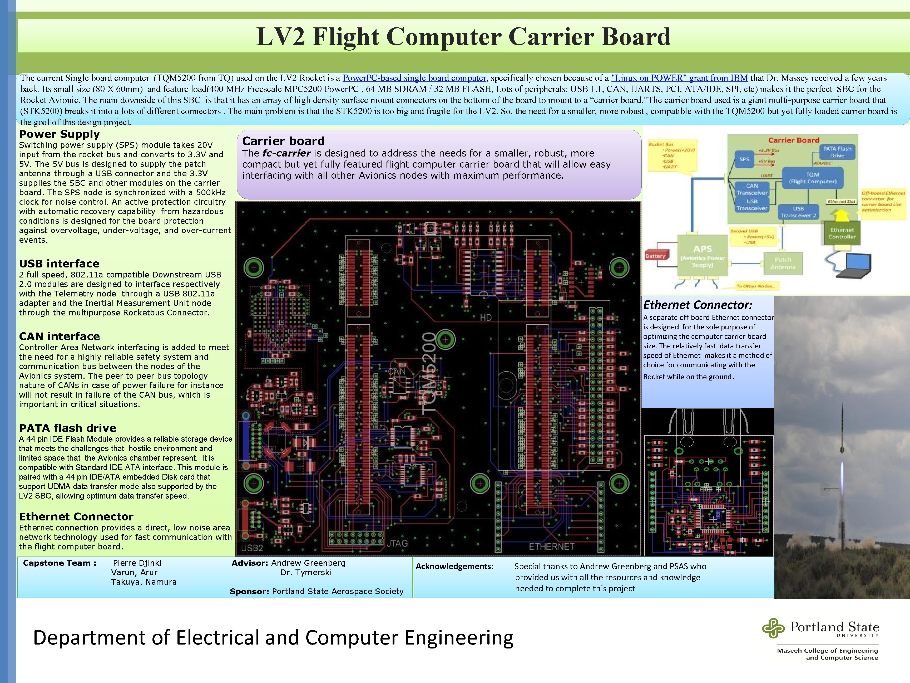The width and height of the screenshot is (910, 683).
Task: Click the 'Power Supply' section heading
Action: [59, 134]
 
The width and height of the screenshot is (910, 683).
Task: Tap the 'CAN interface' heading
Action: [59, 336]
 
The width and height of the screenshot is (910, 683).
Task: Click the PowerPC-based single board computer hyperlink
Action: [414, 78]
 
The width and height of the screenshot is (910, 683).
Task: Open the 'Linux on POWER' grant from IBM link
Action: [679, 78]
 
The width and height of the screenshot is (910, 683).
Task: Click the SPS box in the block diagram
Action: [744, 159]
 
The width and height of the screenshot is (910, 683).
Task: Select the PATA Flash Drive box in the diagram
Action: [837, 152]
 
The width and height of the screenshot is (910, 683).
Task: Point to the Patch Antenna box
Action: [783, 263]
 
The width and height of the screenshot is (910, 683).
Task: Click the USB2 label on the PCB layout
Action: [252, 548]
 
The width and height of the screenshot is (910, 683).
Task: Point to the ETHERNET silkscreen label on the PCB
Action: [551, 546]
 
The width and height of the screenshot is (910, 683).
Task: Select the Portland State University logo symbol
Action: [773, 628]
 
